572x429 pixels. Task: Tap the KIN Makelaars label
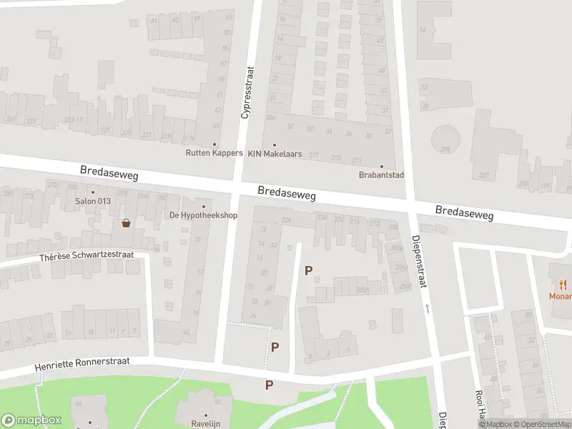point(275,154)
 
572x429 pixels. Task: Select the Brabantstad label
point(381,174)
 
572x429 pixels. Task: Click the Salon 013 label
point(93,201)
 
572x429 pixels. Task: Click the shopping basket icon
point(127,223)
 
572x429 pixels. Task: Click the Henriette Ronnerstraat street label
point(83,365)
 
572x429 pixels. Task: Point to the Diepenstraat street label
point(420,262)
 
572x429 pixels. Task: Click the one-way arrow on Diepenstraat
point(428,308)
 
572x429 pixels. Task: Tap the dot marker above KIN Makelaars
point(275,144)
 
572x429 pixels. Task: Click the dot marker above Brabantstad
point(381,165)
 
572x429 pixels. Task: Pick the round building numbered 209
point(445,138)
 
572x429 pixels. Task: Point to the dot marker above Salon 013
point(92,192)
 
